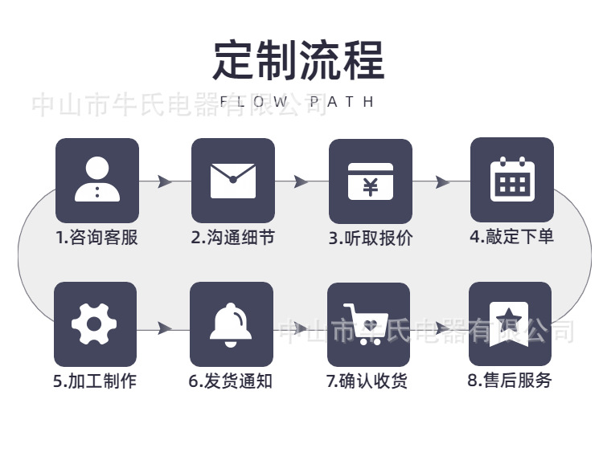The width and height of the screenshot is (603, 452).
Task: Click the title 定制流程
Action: pyautogui.click(x=299, y=61)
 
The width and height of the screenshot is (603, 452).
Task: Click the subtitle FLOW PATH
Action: pyautogui.click(x=297, y=103)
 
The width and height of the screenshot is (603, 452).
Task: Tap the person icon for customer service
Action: pyautogui.click(x=96, y=180)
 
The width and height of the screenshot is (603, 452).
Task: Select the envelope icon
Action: pyautogui.click(x=233, y=180)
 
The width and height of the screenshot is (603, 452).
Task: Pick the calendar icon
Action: pyautogui.click(x=512, y=179)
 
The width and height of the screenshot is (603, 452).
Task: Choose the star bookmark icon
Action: pyautogui.click(x=510, y=324)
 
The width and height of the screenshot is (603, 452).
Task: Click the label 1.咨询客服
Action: pyautogui.click(x=96, y=238)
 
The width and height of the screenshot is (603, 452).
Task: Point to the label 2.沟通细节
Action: pyautogui.click(x=233, y=238)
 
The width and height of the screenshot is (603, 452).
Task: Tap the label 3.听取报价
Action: pyautogui.click(x=371, y=238)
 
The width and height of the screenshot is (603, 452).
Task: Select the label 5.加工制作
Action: pyautogui.click(x=95, y=381)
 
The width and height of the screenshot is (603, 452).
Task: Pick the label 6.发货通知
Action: pyautogui.click(x=231, y=381)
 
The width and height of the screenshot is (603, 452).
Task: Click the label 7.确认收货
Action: pyautogui.click(x=367, y=381)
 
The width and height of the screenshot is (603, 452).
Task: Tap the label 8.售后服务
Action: pyautogui.click(x=510, y=381)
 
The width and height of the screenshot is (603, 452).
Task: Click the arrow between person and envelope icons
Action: pyautogui.click(x=165, y=181)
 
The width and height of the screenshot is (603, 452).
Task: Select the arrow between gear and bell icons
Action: pyautogui.click(x=165, y=328)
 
